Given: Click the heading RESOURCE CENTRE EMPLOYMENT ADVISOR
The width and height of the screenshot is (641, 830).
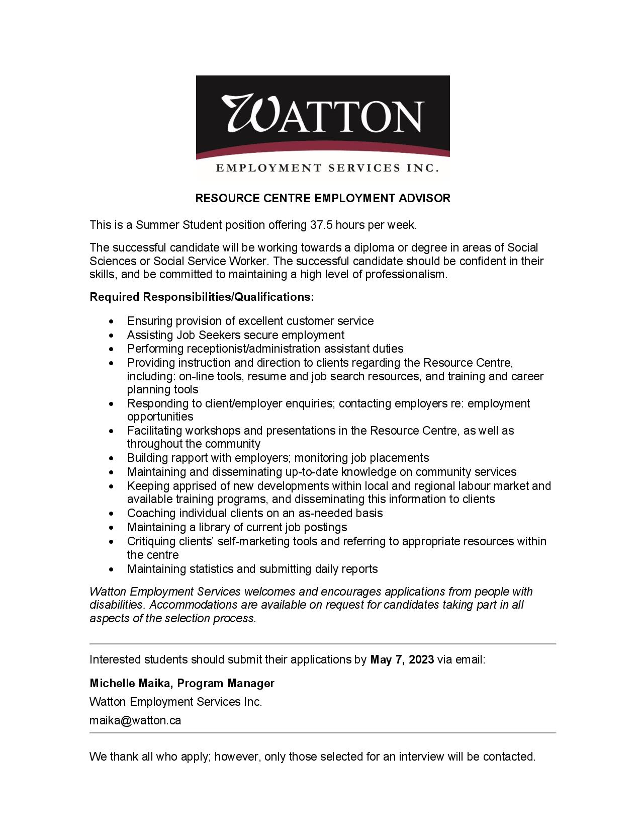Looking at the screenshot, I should [323, 198].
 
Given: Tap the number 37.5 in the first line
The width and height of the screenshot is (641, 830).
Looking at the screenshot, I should [321, 225].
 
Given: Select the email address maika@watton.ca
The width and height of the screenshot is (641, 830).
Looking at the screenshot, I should [135, 720].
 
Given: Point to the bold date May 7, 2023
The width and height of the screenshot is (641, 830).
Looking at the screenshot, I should [402, 659].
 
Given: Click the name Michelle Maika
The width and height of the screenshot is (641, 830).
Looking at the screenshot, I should [131, 683].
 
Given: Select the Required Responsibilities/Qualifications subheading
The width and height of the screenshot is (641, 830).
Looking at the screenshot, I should [202, 297].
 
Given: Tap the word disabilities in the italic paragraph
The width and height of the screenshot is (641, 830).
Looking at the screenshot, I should [116, 605].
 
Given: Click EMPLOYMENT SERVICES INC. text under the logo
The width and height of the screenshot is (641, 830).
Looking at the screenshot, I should [327, 168].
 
